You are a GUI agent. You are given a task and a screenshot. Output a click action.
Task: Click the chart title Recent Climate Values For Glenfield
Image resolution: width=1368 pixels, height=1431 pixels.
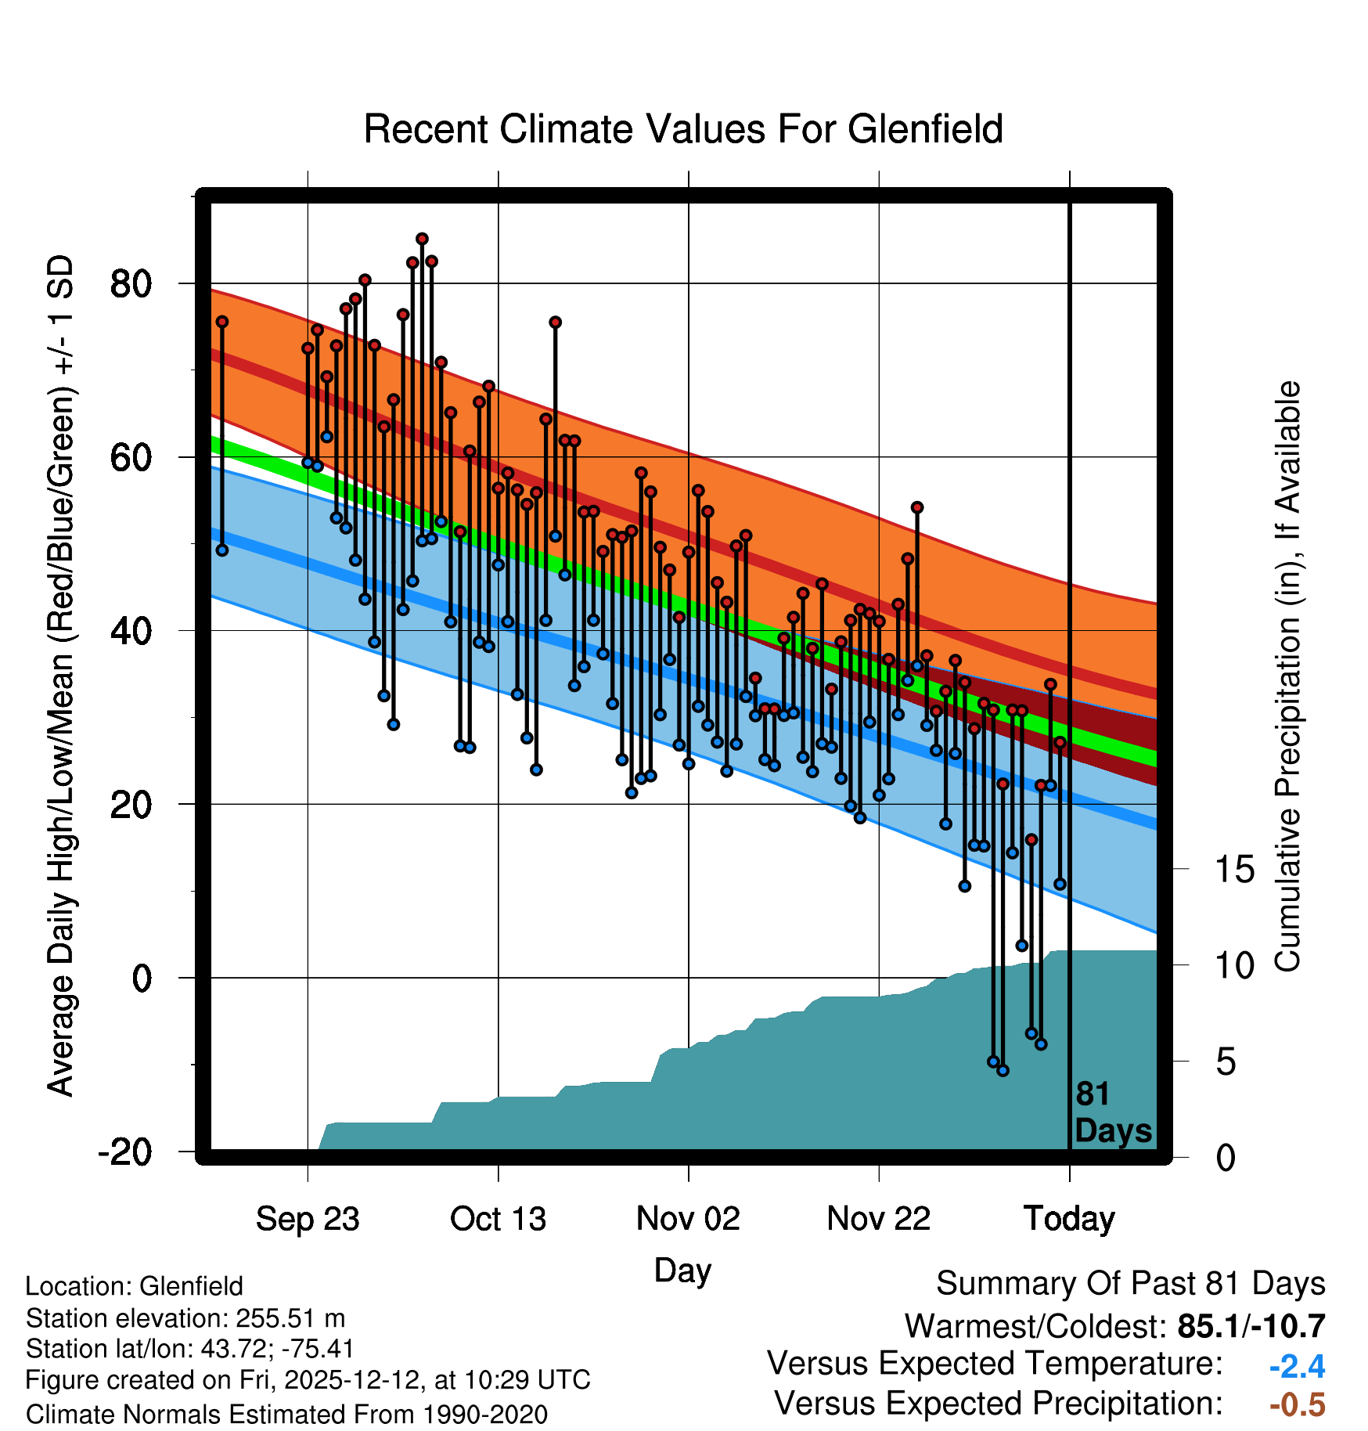683,129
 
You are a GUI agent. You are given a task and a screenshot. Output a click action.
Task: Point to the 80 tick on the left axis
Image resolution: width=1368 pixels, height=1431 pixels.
131,283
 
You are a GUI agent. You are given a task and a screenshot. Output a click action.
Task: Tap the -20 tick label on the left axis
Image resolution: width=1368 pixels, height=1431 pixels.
125,1152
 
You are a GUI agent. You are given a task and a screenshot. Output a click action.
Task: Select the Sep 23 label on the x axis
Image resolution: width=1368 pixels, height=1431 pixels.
308,1219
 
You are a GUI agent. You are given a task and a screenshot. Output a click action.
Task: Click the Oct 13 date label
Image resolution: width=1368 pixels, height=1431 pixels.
498,1219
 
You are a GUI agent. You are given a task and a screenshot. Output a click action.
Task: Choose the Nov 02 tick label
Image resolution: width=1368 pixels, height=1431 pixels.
688,1219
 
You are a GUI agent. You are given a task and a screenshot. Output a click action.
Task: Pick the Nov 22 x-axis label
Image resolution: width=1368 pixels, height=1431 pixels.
879,1219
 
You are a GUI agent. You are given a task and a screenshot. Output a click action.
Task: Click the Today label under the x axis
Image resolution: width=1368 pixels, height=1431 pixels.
1069,1219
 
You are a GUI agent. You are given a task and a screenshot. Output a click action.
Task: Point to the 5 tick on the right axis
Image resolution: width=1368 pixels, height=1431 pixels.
1226,1062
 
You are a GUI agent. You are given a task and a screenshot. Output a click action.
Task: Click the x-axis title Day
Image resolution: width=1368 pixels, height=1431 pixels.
682,1271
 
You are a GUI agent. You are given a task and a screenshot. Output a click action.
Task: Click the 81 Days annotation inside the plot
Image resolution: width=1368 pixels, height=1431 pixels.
1113,1112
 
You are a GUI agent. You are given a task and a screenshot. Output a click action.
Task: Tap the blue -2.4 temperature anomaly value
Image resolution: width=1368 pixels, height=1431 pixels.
1297,1367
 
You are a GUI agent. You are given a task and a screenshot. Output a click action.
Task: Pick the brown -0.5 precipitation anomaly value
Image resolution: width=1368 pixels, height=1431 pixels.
1297,1405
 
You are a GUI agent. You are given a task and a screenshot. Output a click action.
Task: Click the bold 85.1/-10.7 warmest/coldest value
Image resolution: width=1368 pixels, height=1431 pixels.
1251,1327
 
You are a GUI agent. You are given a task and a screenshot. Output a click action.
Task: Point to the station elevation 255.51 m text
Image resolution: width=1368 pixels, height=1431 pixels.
185,1318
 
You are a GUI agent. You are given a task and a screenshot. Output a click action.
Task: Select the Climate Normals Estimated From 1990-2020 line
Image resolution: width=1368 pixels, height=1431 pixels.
286,1415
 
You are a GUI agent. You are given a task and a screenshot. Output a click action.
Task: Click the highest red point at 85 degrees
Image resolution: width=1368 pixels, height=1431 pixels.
422,239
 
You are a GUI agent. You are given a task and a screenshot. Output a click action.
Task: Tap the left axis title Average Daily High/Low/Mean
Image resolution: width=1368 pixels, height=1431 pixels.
61,676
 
